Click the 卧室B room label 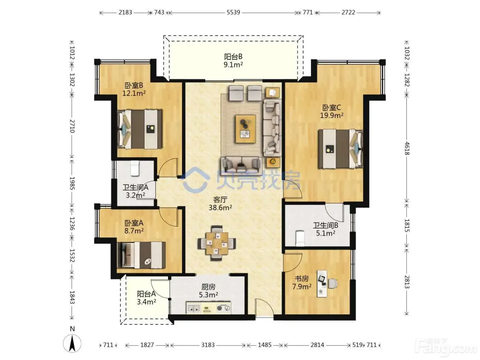(x=134, y=85)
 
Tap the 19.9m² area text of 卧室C (x=332, y=115)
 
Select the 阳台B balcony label (x=233, y=57)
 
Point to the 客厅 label (x=220, y=200)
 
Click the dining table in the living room (x=217, y=243)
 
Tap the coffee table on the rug (x=245, y=129)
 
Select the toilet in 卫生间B (x=300, y=238)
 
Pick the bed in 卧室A (x=141, y=255)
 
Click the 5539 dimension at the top (x=233, y=12)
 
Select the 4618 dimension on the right (x=407, y=148)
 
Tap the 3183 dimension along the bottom (x=208, y=345)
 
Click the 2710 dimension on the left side (x=72, y=126)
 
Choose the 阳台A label (x=146, y=294)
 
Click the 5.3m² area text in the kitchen (x=208, y=295)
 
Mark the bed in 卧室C (x=340, y=149)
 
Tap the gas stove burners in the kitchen (x=224, y=308)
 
